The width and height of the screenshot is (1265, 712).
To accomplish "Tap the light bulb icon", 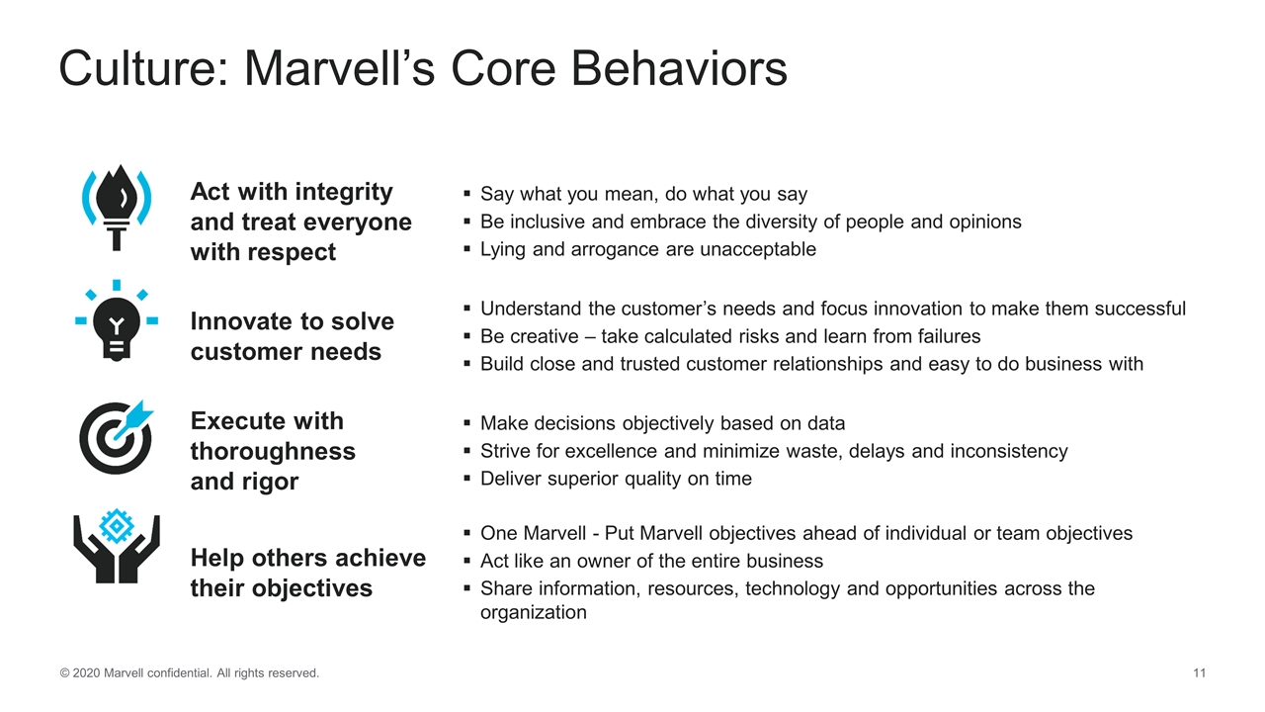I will pyautogui.click(x=117, y=321).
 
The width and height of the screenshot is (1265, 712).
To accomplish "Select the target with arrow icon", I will pyautogui.click(x=117, y=436).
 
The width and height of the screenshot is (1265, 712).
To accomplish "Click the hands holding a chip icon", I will pyautogui.click(x=117, y=548).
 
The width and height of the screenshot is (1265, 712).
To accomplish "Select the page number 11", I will pyautogui.click(x=1199, y=673).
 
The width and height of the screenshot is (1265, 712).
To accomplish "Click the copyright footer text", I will pyautogui.click(x=190, y=673).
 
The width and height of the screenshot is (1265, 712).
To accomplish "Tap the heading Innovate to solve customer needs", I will pyautogui.click(x=292, y=336).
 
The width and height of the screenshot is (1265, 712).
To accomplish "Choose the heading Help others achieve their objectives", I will pyautogui.click(x=307, y=573).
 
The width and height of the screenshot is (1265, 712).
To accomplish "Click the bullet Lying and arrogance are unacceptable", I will pyautogui.click(x=647, y=249).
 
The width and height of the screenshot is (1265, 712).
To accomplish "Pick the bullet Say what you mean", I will pyautogui.click(x=643, y=194).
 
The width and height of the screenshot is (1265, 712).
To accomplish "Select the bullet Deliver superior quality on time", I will pyautogui.click(x=616, y=479).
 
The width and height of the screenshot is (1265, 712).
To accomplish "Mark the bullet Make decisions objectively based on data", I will pyautogui.click(x=662, y=423).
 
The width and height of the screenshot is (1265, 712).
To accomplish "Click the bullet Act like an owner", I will pyautogui.click(x=651, y=561).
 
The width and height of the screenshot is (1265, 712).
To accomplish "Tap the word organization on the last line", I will pyautogui.click(x=533, y=612).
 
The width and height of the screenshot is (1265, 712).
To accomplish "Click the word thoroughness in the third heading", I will pyautogui.click(x=273, y=451).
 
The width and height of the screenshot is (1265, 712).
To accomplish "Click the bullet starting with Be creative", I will pyautogui.click(x=730, y=336).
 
